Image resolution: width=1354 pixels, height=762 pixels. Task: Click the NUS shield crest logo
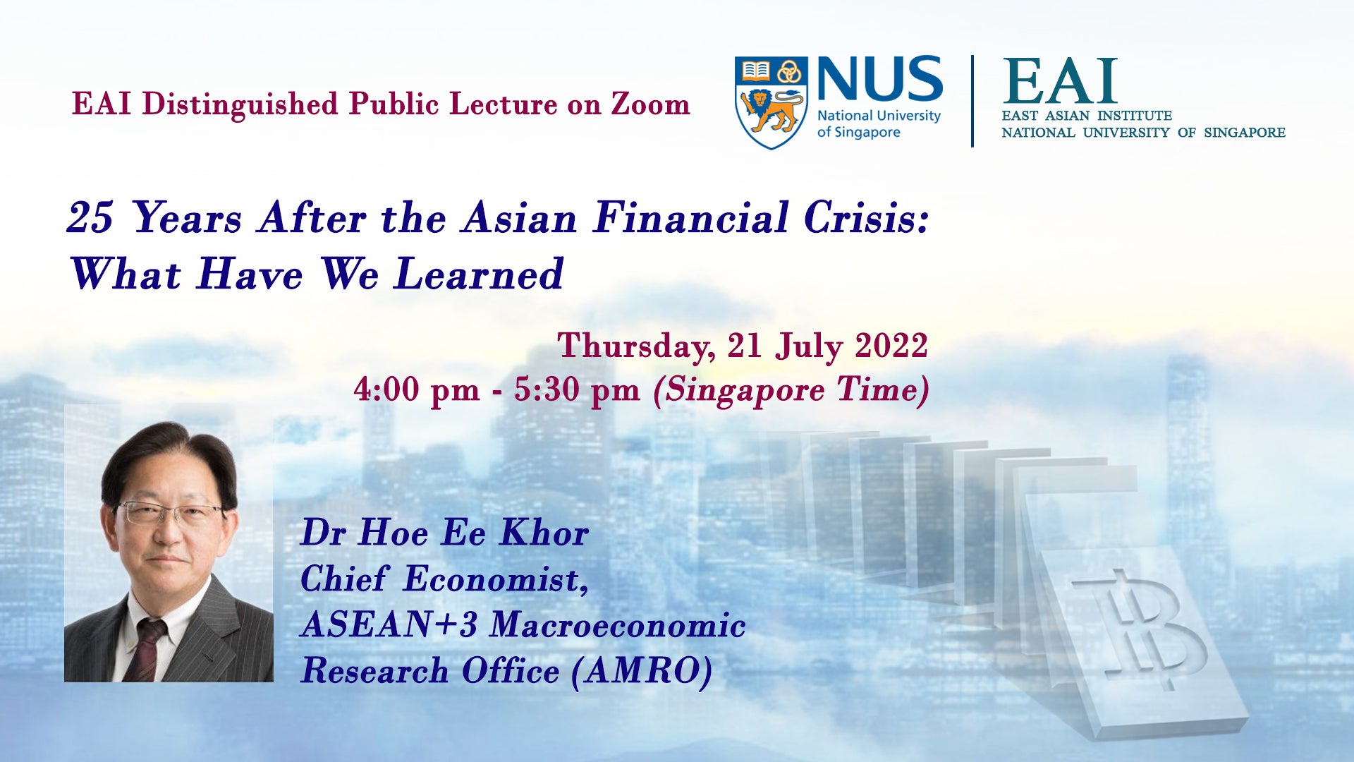[771, 102]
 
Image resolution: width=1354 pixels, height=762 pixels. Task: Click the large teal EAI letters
[1060, 81]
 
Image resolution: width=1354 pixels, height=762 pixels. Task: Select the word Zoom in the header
[650, 104]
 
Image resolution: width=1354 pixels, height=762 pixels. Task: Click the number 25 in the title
[90, 217]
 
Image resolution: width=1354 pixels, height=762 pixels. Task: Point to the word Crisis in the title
[866, 217]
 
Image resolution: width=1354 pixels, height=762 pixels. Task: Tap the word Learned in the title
[479, 274]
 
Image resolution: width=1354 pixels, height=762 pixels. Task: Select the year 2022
[891, 346]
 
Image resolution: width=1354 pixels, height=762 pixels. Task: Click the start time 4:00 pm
[417, 389]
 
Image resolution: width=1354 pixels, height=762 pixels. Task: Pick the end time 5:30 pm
[577, 389]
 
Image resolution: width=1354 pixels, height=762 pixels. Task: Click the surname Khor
[544, 533]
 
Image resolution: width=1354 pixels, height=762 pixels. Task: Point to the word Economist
[496, 580]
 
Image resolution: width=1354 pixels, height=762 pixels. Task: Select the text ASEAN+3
[389, 625]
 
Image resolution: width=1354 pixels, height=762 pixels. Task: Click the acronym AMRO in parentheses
[641, 671]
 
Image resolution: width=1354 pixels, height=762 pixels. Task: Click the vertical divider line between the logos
[972, 101]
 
